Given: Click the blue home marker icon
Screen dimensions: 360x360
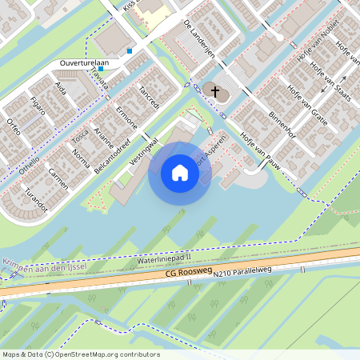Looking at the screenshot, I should coord(180,173).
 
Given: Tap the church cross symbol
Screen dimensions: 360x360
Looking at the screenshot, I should coord(214,91).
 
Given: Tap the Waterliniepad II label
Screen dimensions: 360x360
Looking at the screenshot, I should coord(164,258).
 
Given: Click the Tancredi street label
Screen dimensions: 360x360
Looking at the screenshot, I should coord(150,96).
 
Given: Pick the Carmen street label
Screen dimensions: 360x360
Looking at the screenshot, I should coord(58,178).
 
